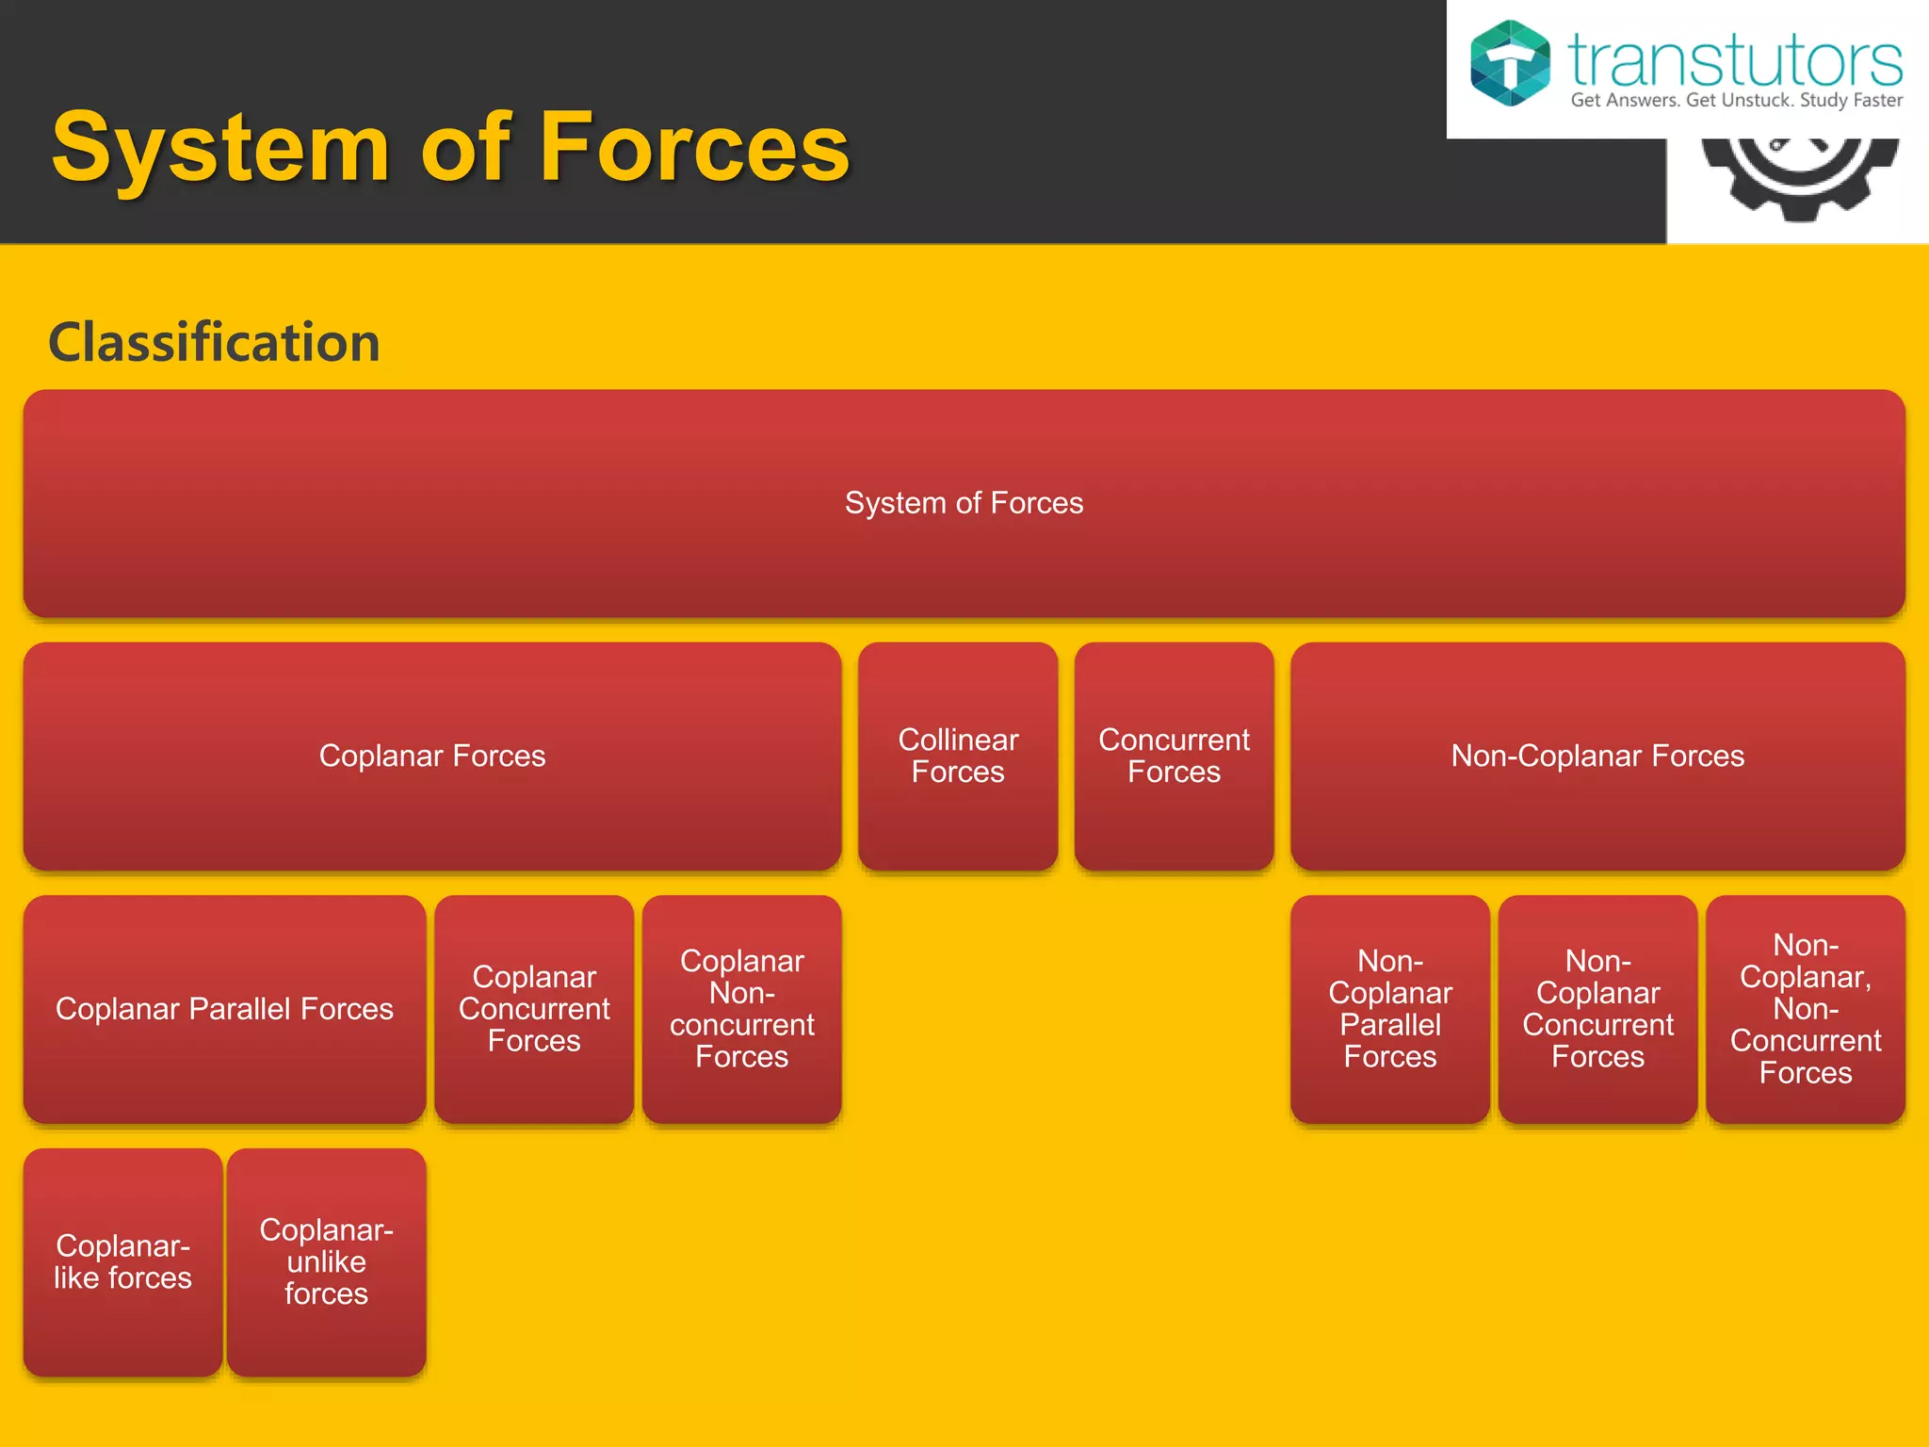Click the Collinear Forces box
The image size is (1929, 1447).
(x=958, y=756)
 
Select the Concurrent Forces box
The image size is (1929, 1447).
(x=1174, y=756)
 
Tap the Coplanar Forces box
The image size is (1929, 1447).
(x=432, y=756)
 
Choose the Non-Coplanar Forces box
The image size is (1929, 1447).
(x=1597, y=756)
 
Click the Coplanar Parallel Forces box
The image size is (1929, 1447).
(x=224, y=1009)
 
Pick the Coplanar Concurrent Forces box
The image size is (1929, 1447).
(x=534, y=1009)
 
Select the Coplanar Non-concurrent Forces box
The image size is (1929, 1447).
(x=742, y=1009)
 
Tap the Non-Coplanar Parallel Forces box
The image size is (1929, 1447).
(x=1390, y=1009)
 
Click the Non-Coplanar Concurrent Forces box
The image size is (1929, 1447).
(x=1597, y=1009)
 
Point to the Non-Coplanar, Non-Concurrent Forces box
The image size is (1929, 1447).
(x=1806, y=1009)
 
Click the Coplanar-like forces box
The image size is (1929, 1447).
(x=122, y=1261)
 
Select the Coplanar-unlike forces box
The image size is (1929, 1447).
(x=326, y=1261)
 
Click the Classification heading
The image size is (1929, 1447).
(x=214, y=342)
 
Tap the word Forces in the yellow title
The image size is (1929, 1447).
(x=695, y=148)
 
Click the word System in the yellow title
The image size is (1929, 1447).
(x=220, y=148)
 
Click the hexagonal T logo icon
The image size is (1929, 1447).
(x=1510, y=63)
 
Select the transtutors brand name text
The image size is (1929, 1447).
(x=1734, y=60)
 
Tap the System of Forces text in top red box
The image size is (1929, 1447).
(x=964, y=503)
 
